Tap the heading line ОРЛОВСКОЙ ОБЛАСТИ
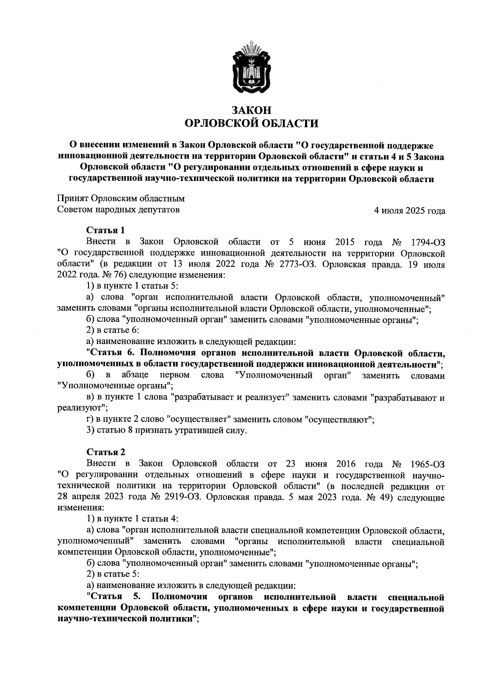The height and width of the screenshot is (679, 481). click(251, 123)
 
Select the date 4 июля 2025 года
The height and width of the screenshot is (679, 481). click(409, 211)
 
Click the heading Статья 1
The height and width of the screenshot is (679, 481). click(105, 230)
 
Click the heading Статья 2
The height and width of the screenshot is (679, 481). click(105, 452)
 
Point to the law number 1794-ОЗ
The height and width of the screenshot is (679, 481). click(428, 242)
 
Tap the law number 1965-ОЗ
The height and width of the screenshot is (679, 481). click(428, 464)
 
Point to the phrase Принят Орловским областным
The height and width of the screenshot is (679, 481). click(121, 199)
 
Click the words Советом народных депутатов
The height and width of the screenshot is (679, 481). click(119, 209)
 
